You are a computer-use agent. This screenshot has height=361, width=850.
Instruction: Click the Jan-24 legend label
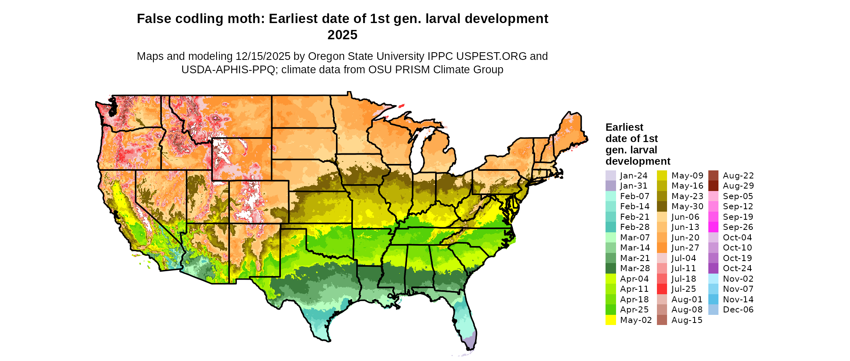point(633,176)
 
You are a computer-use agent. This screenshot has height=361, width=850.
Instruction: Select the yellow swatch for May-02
point(610,320)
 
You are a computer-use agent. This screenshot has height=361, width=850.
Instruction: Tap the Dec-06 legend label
point(738,310)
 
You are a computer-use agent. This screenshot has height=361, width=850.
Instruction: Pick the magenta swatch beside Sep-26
point(713,227)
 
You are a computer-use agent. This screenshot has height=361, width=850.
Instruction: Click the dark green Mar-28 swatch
point(610,268)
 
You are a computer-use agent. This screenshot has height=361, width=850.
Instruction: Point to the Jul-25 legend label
point(684,289)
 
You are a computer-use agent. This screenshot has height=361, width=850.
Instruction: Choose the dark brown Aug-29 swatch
point(713,186)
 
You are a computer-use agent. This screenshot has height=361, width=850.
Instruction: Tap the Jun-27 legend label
point(685,248)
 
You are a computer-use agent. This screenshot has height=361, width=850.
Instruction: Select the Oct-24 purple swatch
point(713,268)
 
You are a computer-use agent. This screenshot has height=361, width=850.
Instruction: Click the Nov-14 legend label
point(738,299)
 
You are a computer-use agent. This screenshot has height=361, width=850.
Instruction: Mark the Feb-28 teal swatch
point(610,227)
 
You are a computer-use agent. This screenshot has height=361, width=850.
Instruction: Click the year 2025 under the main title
point(342,35)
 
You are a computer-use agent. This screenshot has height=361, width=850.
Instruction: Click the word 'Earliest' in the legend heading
point(624,127)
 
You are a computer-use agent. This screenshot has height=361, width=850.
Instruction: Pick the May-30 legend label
point(687,206)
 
